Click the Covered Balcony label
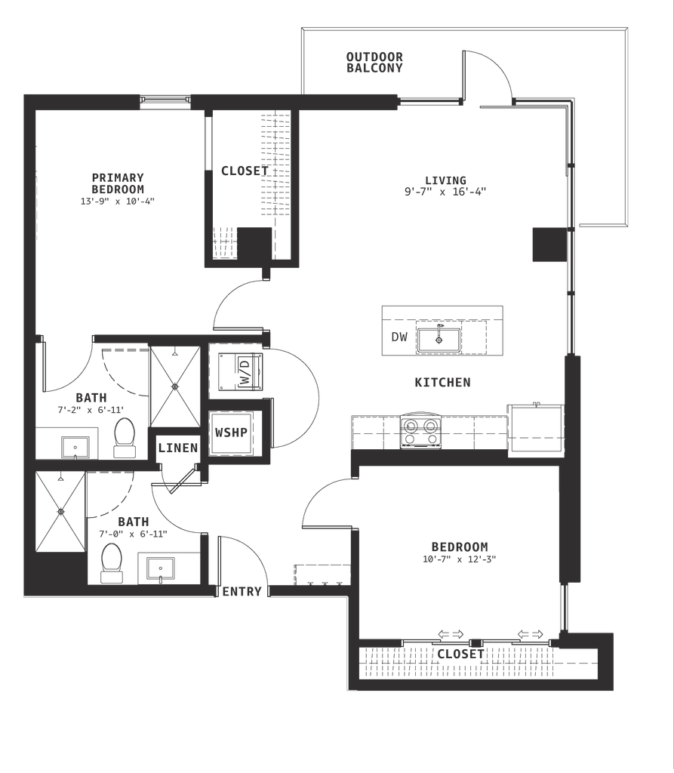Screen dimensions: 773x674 coord(374,61)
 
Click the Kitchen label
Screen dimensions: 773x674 coord(443,383)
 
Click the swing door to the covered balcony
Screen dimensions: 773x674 coord(487,75)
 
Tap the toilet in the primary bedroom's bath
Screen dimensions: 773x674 coord(124,437)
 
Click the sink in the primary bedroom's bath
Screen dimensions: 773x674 coord(75,447)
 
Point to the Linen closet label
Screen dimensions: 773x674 coord(178,448)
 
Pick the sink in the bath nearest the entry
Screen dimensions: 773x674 coord(161,567)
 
